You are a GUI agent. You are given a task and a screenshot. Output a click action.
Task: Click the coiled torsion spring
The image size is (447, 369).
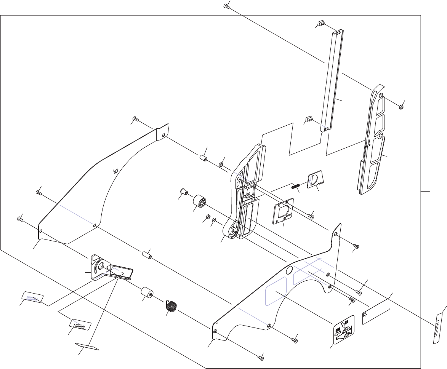click(x=172, y=306)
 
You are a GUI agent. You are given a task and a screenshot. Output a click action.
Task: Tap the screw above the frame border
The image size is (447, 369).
click(x=226, y=6)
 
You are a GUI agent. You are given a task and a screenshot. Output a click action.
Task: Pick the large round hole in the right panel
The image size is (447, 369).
click(x=289, y=270)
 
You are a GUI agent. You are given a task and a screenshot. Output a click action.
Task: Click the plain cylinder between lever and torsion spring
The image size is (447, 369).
click(x=147, y=294)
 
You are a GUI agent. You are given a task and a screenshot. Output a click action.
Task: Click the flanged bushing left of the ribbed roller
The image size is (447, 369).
click(x=184, y=190)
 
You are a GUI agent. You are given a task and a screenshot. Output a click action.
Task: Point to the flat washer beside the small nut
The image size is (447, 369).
click(x=214, y=220)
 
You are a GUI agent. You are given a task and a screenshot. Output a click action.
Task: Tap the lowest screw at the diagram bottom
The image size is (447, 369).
click(x=261, y=357)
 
